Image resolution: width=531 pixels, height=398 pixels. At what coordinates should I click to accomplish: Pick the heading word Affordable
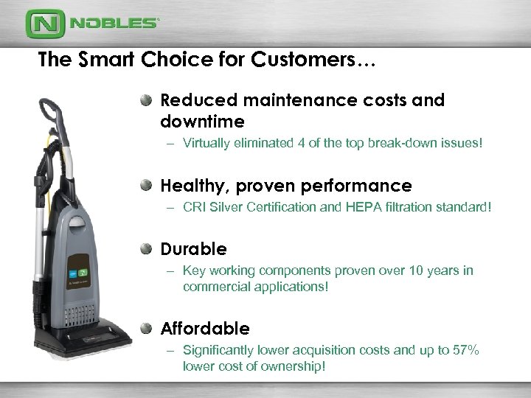pos(205,327)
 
